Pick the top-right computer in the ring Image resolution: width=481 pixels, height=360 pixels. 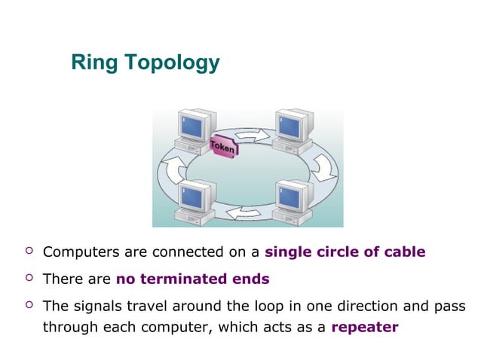point(294,131)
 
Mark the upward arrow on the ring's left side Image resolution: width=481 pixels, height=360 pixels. point(173,172)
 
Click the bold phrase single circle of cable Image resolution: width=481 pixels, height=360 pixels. point(345,252)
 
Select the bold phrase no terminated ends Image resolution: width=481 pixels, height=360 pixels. point(192,279)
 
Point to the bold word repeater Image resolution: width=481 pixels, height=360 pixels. point(365,327)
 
